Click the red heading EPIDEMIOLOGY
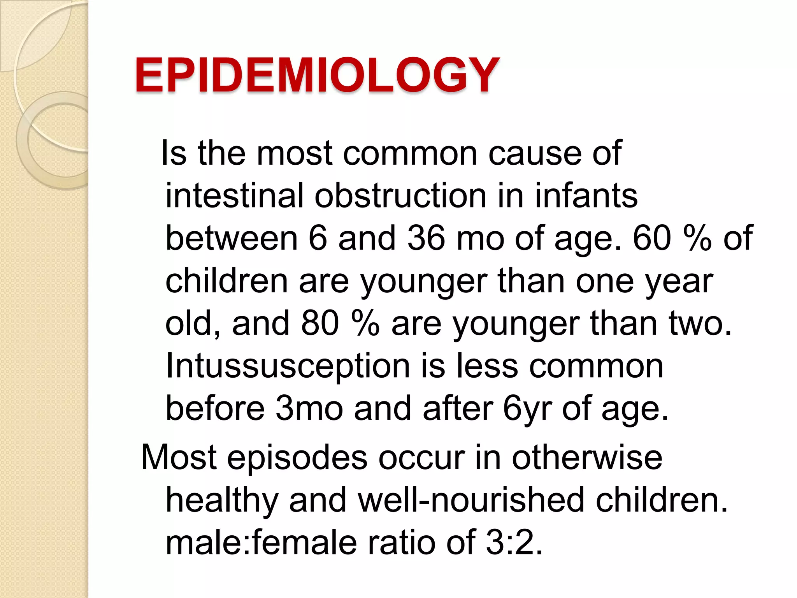(316, 75)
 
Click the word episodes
(297, 458)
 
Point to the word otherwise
(587, 458)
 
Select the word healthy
(222, 500)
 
